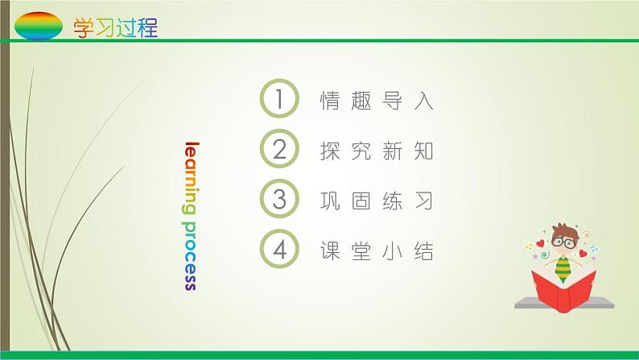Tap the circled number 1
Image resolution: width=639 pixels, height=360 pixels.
(280, 101)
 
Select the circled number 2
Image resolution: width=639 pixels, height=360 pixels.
(280, 151)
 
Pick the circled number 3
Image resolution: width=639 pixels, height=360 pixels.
(280, 201)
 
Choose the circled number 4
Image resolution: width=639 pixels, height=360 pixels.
(280, 250)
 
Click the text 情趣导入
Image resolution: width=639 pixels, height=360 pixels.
(377, 101)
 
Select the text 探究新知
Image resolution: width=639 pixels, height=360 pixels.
(377, 151)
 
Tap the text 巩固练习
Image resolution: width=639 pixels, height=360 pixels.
(377, 201)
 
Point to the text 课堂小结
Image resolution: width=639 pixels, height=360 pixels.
(377, 251)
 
